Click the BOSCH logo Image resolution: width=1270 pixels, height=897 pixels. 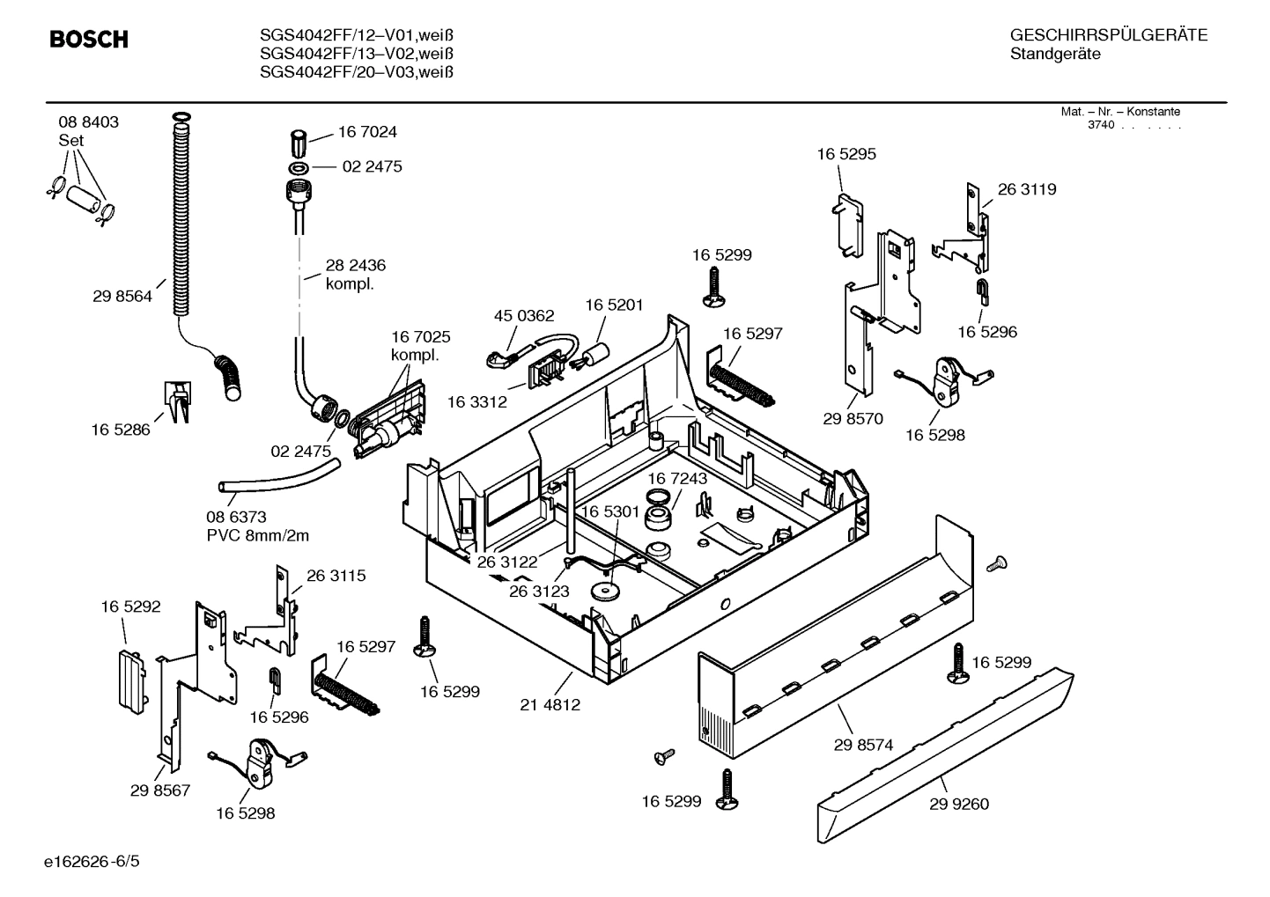(x=89, y=40)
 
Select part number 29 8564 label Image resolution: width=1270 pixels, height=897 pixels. (x=122, y=297)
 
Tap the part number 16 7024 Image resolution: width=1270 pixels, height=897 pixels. (x=367, y=132)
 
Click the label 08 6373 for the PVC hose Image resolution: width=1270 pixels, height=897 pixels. (x=236, y=518)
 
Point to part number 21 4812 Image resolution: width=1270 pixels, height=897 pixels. (x=550, y=704)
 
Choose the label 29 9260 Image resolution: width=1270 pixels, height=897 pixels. (x=958, y=804)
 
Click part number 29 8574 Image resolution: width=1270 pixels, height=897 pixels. (x=863, y=745)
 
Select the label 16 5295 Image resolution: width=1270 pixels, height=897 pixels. (x=845, y=154)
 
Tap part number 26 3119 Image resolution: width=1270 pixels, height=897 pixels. (x=1027, y=189)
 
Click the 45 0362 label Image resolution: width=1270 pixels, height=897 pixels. (x=524, y=316)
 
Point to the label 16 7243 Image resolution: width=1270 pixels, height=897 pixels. (x=677, y=478)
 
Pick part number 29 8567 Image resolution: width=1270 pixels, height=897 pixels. (x=160, y=790)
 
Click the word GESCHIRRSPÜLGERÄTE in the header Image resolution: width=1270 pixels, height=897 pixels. (x=1109, y=35)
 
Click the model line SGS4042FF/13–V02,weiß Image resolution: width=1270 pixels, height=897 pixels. (x=357, y=54)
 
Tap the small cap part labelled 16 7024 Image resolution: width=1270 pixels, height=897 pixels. (x=299, y=142)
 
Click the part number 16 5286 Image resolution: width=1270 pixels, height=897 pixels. (x=121, y=430)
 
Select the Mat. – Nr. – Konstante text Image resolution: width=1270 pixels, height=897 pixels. (x=1120, y=112)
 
